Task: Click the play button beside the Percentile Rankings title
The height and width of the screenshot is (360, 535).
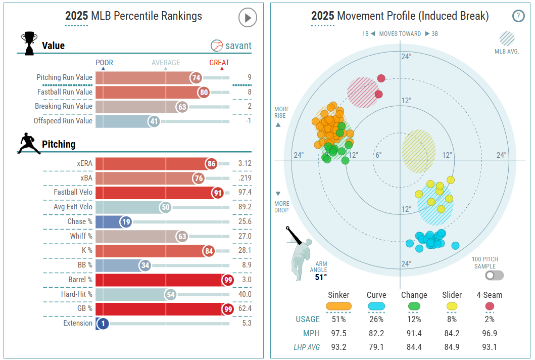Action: (x=248, y=18)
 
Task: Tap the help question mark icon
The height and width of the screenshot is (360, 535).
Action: (x=518, y=16)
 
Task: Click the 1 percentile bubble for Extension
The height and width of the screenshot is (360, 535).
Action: (x=103, y=324)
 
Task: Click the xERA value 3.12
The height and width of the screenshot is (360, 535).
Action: (x=245, y=163)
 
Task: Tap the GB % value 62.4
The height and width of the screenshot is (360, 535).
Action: (x=245, y=308)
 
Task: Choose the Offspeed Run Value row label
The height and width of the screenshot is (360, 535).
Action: (x=63, y=121)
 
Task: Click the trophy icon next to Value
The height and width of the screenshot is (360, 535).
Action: (x=29, y=43)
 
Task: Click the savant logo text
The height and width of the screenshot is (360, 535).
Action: (x=231, y=46)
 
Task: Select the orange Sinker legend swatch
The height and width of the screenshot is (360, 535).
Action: (x=338, y=306)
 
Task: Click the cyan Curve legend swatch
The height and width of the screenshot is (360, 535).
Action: (x=376, y=306)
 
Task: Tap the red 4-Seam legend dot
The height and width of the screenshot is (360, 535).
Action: (x=490, y=306)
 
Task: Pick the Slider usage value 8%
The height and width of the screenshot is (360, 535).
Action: (x=452, y=319)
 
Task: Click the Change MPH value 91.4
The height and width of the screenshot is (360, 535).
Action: (x=414, y=333)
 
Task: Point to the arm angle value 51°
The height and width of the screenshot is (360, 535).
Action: (x=321, y=277)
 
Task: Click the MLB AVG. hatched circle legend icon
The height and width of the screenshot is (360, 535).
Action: (x=507, y=39)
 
